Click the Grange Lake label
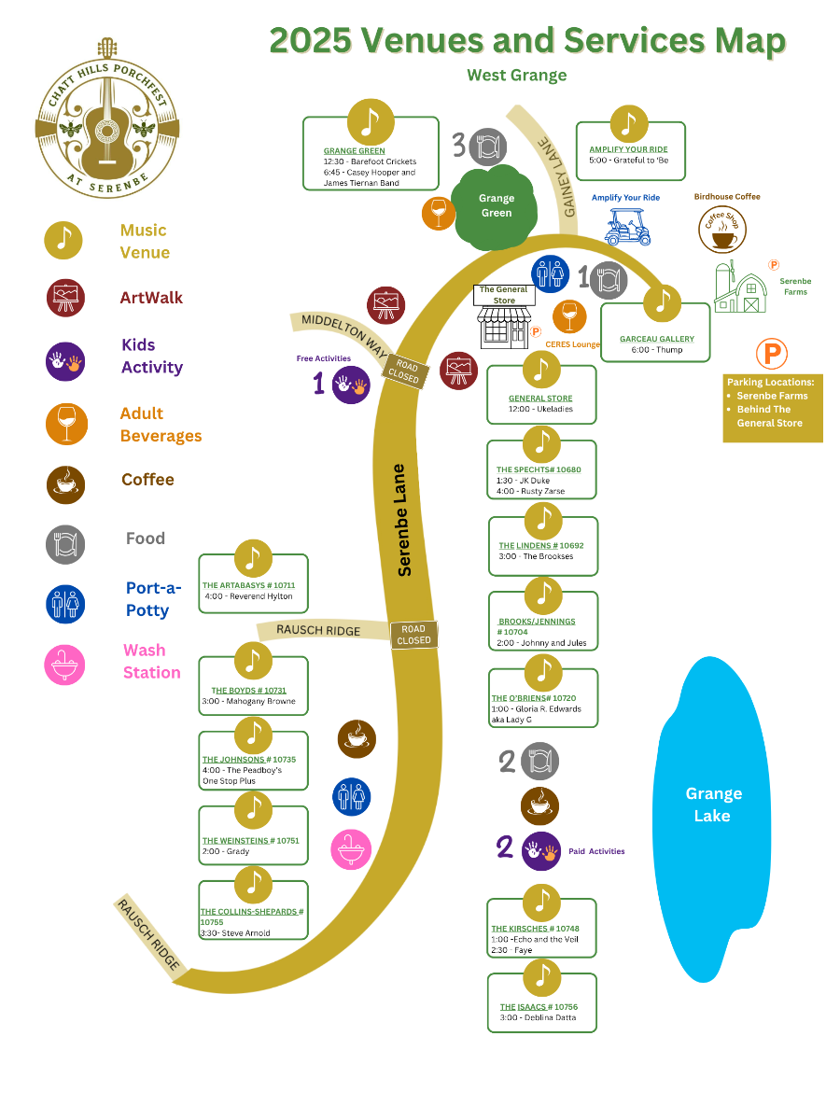click(713, 805)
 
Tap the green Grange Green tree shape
click(496, 205)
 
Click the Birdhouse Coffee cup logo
click(722, 229)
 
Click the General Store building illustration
click(504, 323)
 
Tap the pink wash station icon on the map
click(351, 848)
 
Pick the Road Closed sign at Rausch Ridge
click(413, 636)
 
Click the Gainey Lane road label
click(556, 176)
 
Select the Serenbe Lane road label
click(403, 519)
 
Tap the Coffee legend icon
click(65, 483)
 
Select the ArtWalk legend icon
click(65, 298)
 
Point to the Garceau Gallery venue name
click(657, 339)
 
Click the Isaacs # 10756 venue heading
click(539, 1007)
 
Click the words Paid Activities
click(596, 851)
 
